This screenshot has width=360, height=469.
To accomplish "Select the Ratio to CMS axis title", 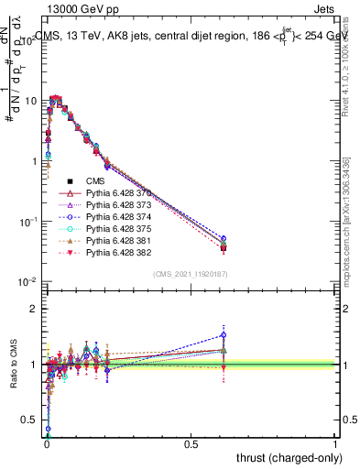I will (x=14, y=365).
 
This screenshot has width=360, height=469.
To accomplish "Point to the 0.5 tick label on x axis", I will (x=191, y=443).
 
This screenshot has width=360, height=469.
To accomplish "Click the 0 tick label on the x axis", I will (x=47, y=443).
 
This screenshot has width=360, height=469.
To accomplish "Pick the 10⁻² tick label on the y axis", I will (x=28, y=281).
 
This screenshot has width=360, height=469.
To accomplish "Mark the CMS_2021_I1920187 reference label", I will (x=190, y=274).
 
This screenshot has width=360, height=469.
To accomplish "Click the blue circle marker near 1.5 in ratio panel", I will (x=224, y=335).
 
